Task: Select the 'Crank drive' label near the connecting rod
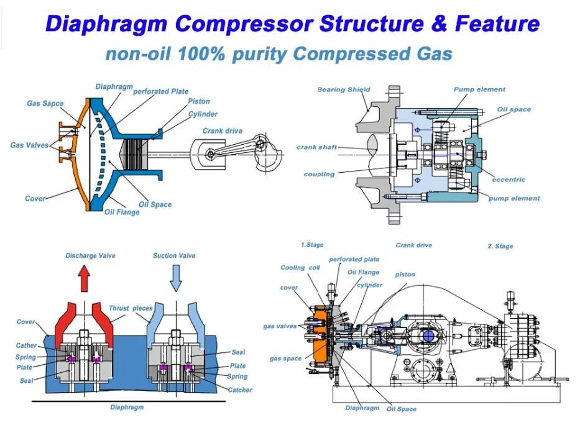click(x=223, y=131)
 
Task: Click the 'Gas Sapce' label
click(x=45, y=103)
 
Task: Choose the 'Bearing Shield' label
click(x=343, y=89)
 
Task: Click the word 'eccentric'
click(x=509, y=180)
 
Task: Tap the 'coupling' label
click(x=320, y=174)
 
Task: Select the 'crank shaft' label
click(x=316, y=147)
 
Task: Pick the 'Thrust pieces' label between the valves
click(x=131, y=308)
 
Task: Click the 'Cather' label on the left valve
click(x=26, y=345)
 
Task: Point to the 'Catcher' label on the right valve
click(x=240, y=390)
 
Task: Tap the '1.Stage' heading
click(x=312, y=245)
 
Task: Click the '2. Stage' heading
click(x=500, y=246)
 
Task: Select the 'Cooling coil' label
click(x=300, y=268)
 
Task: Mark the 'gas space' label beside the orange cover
click(x=285, y=359)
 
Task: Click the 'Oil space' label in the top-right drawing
click(x=514, y=109)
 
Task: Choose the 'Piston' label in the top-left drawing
click(x=199, y=101)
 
